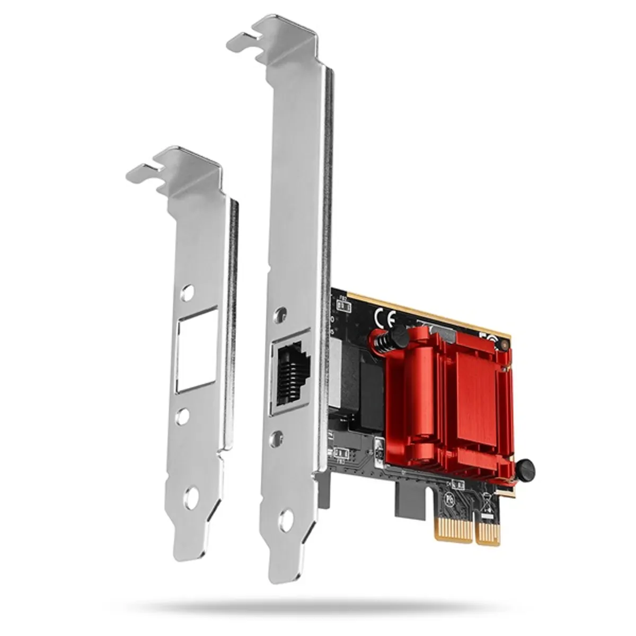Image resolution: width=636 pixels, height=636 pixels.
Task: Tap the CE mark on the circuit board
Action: pos(385,319)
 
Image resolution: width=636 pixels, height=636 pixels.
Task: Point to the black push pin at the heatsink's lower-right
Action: pos(525,470)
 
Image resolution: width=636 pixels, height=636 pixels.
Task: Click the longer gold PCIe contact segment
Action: pos(453,529)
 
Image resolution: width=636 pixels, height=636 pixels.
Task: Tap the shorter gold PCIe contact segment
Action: pos(488,532)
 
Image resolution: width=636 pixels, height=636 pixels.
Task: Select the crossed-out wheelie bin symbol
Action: pos(487,500)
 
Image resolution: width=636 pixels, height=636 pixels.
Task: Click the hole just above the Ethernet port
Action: pos(280,315)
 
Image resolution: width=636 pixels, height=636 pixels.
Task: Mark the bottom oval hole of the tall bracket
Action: pos(287,520)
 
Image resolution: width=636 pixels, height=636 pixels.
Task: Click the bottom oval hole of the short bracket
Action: pos(191,498)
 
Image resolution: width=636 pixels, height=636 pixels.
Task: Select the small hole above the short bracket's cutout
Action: pos(187,293)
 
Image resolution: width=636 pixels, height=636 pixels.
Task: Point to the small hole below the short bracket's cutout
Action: pos(182,416)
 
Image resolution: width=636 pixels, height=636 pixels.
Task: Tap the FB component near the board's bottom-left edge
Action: pos(341,454)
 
